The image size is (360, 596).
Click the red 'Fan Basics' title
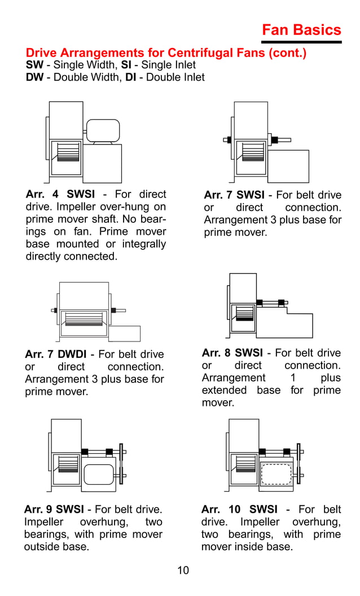tap(301, 30)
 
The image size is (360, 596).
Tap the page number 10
tap(183, 570)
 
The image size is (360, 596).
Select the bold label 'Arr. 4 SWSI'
tap(60, 195)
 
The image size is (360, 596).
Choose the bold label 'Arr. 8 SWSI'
tap(232, 353)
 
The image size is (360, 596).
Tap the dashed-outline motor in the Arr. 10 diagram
tap(276, 474)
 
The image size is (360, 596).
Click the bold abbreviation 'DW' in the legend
tap(34, 77)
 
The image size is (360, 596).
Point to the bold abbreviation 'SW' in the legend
tap(34, 65)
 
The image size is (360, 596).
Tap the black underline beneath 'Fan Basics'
tap(301, 42)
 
